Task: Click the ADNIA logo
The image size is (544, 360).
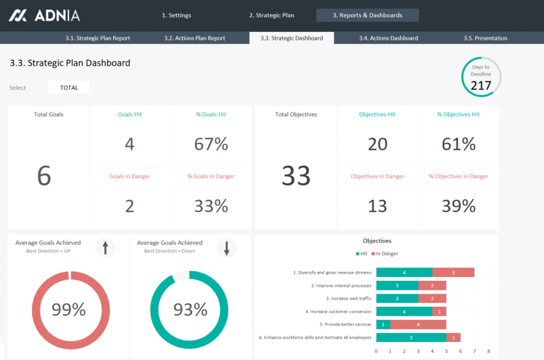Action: pos(44,15)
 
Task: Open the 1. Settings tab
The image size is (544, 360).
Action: pos(176,15)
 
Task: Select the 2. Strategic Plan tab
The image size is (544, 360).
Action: pos(271,15)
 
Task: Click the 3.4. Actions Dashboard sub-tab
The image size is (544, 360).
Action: pos(388,38)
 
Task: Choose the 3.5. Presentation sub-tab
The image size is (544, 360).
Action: pos(485,38)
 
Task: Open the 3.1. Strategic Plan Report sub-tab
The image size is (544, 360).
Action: pos(97,38)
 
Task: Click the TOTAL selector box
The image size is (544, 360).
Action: pos(69,88)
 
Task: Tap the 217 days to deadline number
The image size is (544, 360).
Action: pos(481,86)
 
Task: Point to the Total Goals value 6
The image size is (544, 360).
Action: pos(44,176)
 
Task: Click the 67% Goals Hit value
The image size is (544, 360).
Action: pos(211,144)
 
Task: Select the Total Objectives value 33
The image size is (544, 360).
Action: pos(296,176)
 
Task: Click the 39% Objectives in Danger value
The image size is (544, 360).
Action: pos(459,206)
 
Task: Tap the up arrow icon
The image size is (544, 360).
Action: pos(105,248)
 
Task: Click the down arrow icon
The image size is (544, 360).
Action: pos(227,248)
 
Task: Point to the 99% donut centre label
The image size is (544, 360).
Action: pos(69,309)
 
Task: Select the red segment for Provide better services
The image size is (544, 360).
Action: pos(418,324)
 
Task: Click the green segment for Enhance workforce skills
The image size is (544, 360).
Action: pos(411,338)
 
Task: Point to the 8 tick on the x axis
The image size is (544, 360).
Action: pos(488,351)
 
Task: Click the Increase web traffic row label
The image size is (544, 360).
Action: pos(349,298)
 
